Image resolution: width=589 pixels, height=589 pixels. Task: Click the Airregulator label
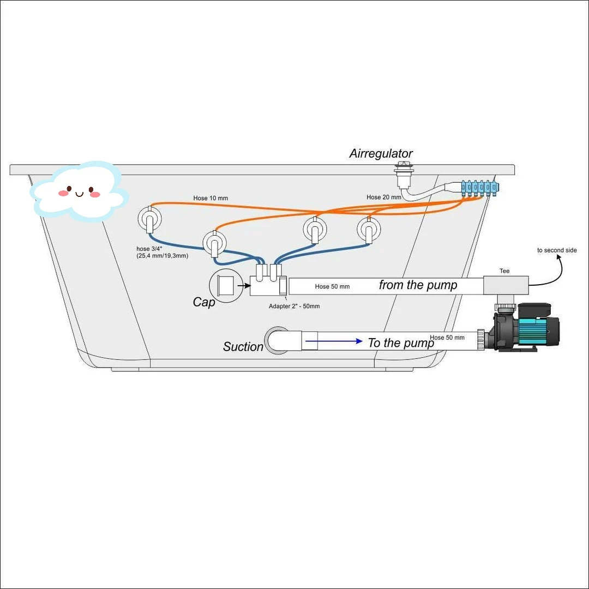(381, 154)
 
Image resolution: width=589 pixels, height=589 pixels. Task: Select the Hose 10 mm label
(211, 198)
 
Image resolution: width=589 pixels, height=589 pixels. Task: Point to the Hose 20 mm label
(383, 197)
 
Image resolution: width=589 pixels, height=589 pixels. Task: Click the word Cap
(204, 302)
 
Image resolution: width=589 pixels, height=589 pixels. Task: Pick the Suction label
(243, 347)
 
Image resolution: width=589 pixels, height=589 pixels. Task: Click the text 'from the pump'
(418, 285)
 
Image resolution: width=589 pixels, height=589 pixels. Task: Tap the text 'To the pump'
(401, 343)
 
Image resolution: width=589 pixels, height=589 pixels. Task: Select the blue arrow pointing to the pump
(334, 341)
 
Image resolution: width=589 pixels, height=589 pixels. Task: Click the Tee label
(504, 271)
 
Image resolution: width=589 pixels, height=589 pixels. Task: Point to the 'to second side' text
(557, 250)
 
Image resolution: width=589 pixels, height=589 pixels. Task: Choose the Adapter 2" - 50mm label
(294, 306)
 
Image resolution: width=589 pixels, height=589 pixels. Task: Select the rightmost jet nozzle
(368, 230)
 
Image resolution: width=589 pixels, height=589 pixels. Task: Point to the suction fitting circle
(277, 341)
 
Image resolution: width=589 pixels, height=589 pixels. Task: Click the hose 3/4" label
(162, 252)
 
